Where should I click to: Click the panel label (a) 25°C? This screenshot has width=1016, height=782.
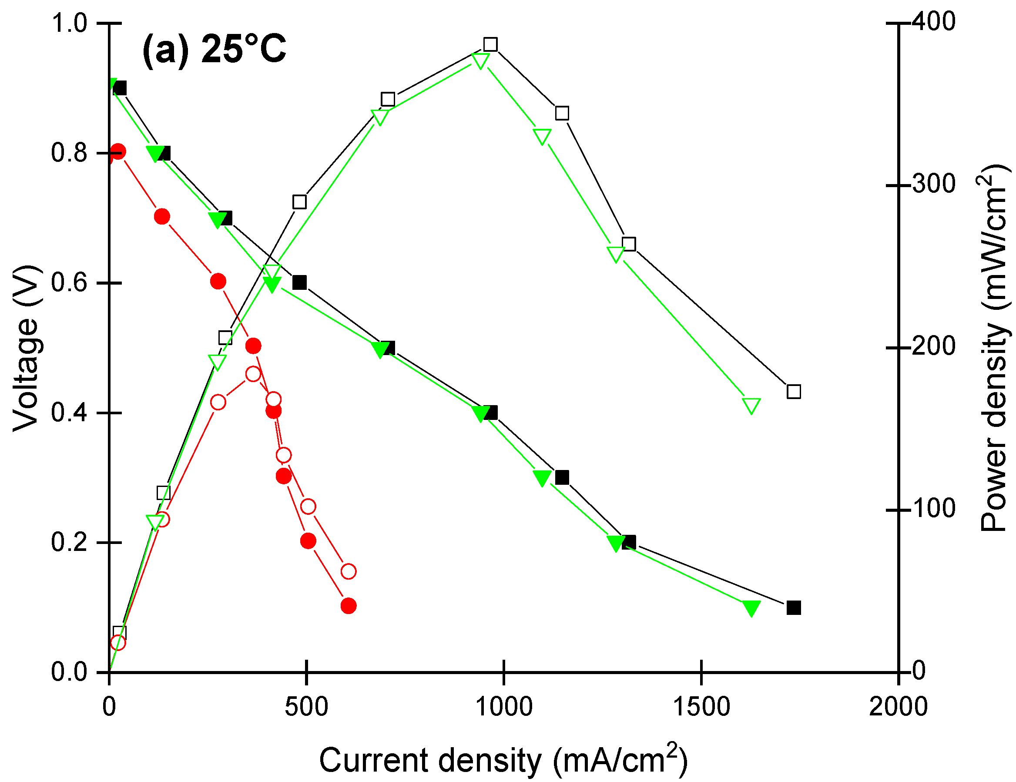[215, 49]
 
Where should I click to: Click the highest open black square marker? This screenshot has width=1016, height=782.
[490, 45]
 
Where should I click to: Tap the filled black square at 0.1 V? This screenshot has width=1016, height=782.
[794, 608]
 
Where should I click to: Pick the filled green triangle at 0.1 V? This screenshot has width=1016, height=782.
[751, 607]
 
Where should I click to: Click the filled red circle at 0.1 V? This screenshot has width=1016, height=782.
[349, 606]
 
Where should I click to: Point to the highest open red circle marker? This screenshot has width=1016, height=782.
[253, 374]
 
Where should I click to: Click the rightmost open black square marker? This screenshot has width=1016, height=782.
[794, 392]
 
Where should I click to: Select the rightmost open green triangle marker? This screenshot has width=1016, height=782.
[751, 405]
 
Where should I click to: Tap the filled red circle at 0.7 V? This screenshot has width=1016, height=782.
[162, 216]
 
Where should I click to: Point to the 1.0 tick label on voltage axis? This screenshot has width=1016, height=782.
[69, 23]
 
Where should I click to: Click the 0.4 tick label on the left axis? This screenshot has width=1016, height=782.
[69, 413]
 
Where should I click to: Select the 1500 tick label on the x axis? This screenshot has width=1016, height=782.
[701, 707]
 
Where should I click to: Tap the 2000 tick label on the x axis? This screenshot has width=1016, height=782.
[898, 707]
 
